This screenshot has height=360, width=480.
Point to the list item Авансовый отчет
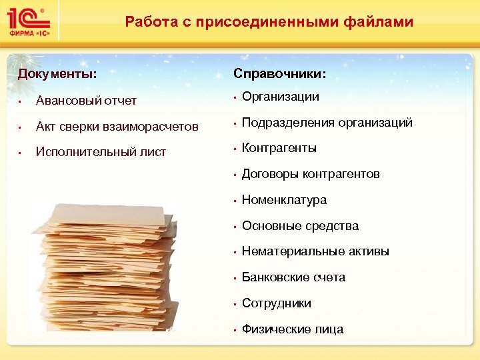(86, 101)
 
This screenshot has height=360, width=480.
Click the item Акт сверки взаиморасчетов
(117, 127)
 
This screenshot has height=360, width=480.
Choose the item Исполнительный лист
(101, 152)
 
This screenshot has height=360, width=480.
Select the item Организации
(280, 97)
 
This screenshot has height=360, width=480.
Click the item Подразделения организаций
(327, 123)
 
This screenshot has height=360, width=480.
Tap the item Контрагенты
(279, 148)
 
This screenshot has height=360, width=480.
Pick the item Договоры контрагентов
(310, 174)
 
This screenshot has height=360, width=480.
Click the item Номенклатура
(284, 200)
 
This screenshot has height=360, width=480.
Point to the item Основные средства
(300, 226)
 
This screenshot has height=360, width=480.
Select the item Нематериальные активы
(315, 251)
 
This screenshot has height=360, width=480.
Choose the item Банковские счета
(293, 277)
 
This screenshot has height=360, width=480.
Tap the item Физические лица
(293, 329)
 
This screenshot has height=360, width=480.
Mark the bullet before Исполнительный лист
(21, 153)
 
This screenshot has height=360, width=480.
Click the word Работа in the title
(147, 22)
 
